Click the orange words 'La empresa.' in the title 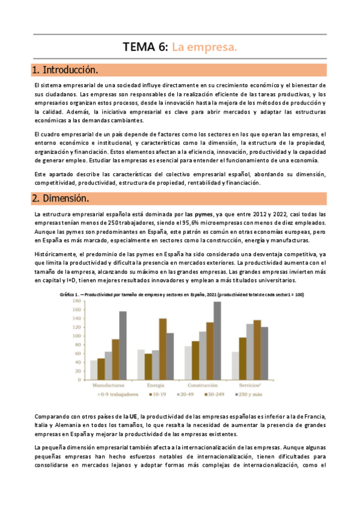pos(204,46)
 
